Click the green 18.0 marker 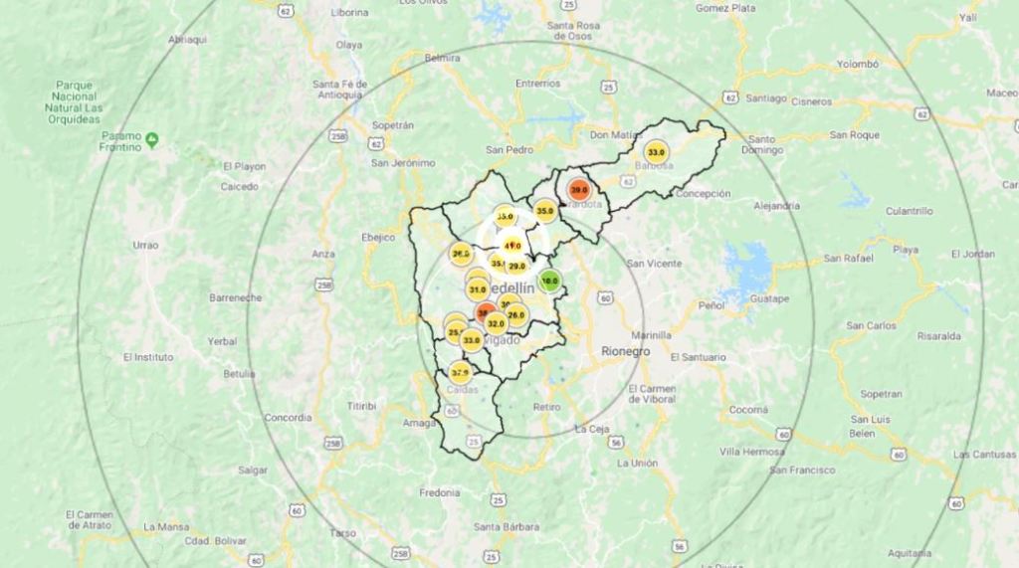(549, 281)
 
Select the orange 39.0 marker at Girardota (578, 189)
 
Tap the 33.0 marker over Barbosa (656, 152)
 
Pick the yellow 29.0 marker (516, 266)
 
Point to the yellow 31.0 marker (478, 289)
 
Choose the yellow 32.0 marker (496, 323)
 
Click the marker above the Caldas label (459, 373)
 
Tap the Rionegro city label (625, 351)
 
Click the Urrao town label (145, 245)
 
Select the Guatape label (769, 298)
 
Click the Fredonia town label (439, 492)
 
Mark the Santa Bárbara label (507, 526)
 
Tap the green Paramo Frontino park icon (151, 139)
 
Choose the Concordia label (289, 418)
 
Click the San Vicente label (655, 264)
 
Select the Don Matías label (617, 134)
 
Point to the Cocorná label (748, 409)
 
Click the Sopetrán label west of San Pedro (392, 125)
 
